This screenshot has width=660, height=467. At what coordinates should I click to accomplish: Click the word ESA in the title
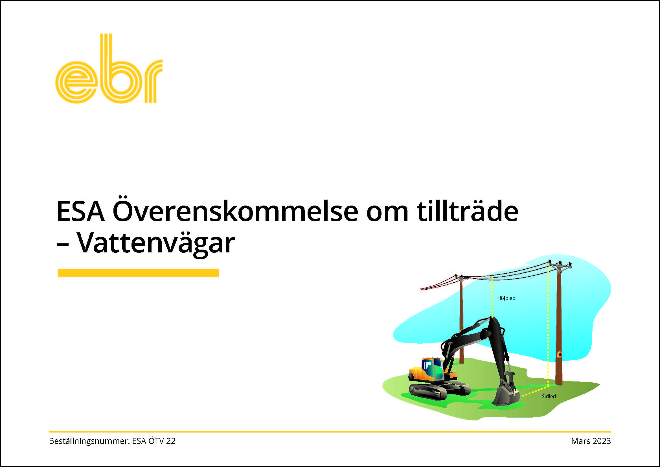[x=80, y=211]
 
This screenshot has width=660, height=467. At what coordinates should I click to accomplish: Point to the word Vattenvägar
[x=156, y=243]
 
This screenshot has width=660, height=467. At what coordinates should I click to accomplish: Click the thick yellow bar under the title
[x=138, y=273]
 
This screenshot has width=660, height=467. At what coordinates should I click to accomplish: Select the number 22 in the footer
[x=171, y=441]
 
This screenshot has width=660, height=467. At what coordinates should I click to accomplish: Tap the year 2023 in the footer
[x=600, y=441]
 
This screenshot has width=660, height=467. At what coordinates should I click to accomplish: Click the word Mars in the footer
[x=580, y=441]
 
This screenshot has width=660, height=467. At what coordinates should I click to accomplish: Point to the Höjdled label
[x=506, y=298]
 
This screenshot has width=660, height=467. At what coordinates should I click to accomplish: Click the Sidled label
[x=549, y=396]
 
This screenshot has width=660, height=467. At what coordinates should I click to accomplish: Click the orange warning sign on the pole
[x=559, y=354]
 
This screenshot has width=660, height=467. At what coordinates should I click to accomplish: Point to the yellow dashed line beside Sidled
[x=535, y=391]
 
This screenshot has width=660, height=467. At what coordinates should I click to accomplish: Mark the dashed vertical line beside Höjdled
[x=492, y=296]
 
